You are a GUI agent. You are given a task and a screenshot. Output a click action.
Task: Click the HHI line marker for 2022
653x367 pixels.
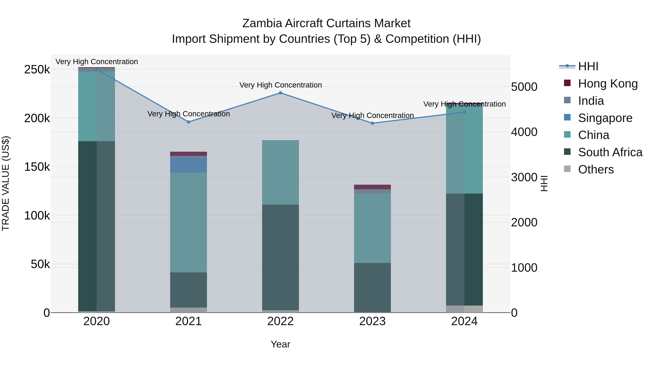click(280, 93)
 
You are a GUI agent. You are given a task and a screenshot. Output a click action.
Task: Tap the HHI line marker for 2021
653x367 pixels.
click(188, 122)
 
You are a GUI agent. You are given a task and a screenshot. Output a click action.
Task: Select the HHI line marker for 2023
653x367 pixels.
click(372, 123)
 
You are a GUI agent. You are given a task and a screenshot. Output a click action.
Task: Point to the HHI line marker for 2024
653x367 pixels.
click(464, 112)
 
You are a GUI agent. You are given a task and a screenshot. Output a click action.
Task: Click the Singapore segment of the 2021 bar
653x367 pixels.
click(188, 165)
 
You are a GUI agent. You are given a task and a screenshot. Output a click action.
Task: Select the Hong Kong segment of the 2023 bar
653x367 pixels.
click(372, 187)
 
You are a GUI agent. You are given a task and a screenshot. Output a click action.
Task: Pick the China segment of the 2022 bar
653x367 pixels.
click(280, 173)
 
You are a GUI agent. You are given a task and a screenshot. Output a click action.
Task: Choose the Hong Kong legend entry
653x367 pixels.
click(608, 84)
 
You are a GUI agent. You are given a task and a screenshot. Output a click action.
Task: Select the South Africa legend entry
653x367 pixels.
click(610, 152)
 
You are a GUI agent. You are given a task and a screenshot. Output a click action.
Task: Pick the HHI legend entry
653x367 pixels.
click(588, 66)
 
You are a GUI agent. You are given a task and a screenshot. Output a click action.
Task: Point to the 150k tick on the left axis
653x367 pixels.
click(37, 167)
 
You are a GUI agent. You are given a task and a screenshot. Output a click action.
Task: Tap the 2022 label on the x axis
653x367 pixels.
click(280, 321)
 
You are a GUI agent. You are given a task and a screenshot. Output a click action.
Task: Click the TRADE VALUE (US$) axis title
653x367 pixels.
click(6, 183)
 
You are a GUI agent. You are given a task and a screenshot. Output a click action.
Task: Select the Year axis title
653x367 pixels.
click(280, 344)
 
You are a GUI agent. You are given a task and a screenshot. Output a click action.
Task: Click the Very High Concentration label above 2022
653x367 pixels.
click(280, 85)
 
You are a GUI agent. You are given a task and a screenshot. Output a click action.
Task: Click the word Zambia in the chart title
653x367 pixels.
click(262, 23)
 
